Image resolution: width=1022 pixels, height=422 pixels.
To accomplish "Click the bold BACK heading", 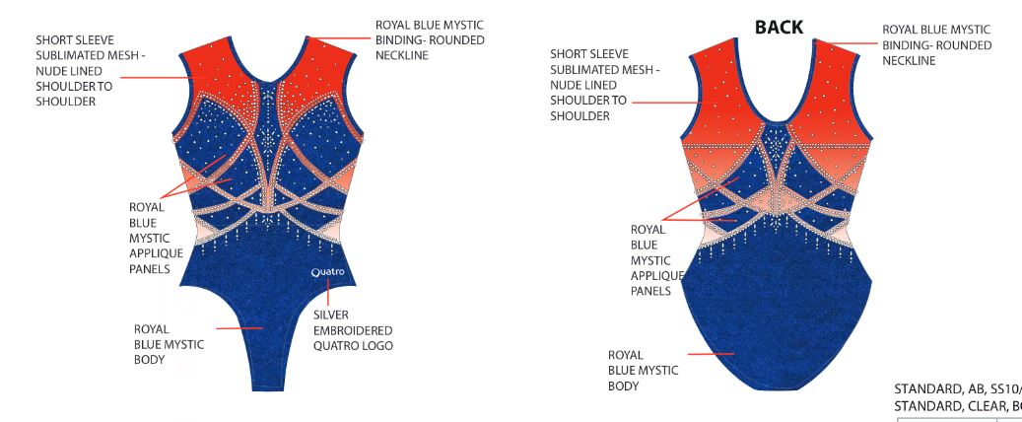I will point(779,28).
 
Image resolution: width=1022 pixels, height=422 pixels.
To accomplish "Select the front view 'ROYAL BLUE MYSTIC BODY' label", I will point(169,344).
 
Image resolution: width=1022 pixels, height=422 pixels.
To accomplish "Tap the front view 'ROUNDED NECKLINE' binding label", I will point(429,39).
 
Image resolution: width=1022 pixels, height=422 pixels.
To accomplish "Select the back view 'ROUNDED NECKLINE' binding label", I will point(936,45).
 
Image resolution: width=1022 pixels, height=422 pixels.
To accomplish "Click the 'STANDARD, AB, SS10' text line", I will point(956,388).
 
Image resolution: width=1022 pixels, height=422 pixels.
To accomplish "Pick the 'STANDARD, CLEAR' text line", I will point(956,405).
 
